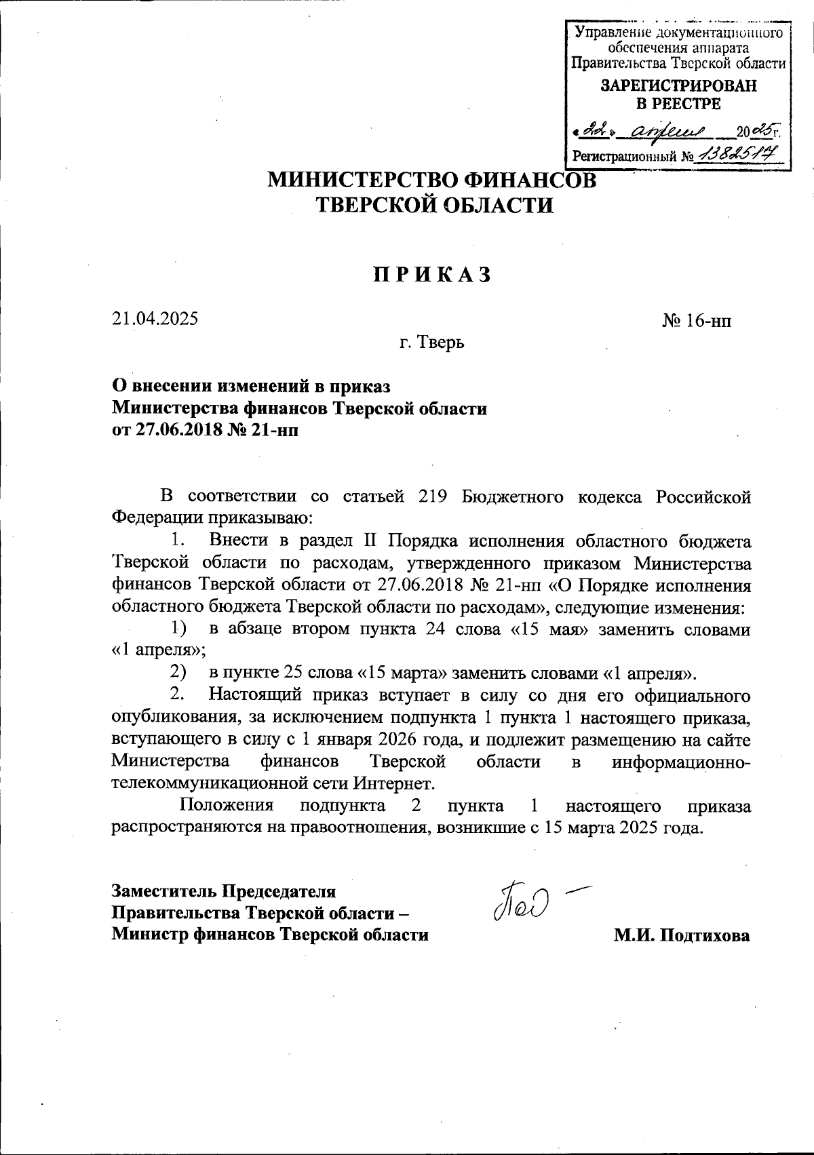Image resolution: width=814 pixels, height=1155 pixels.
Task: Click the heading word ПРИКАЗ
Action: click(x=431, y=275)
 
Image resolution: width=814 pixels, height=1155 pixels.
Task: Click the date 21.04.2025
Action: click(x=155, y=317)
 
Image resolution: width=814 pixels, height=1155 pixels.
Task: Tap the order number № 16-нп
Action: click(x=697, y=321)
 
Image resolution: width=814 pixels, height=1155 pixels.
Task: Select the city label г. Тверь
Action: click(x=431, y=342)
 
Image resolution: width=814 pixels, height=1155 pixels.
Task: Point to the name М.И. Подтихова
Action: click(x=682, y=935)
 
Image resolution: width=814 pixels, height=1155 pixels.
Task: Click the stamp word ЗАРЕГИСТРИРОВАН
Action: click(x=679, y=87)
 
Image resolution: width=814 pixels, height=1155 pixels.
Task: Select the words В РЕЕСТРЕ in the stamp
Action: click(x=678, y=104)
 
